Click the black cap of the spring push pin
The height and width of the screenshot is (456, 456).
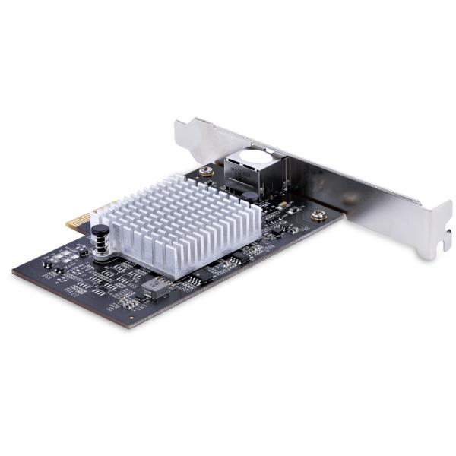point(99,230)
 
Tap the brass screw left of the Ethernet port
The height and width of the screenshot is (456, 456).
point(207,172)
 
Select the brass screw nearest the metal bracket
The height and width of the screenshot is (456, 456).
point(318,215)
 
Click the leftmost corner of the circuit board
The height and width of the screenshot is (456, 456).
point(14,271)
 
